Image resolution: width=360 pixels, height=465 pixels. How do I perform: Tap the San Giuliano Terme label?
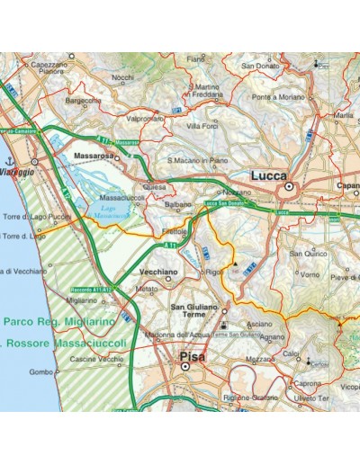coord(194,313)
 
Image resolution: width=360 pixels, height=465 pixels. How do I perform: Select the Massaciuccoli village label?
coord(121,198)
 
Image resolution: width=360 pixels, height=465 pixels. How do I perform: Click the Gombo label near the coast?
coord(40,371)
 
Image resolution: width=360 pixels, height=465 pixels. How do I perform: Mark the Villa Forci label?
coord(202,126)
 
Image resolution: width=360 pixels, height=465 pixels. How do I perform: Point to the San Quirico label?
coord(309,255)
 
